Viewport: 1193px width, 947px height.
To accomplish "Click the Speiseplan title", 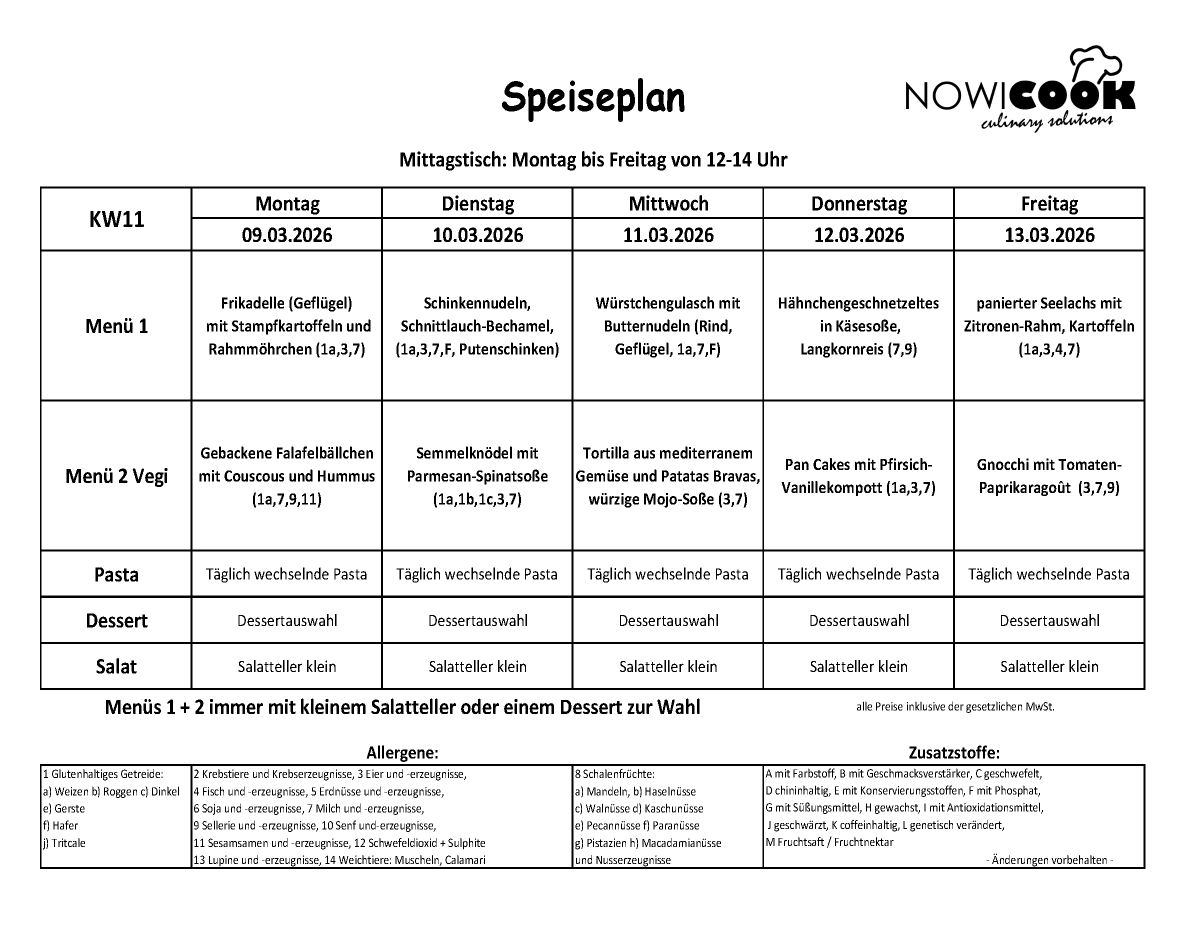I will click(x=592, y=98).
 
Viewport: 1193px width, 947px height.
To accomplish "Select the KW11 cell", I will click(x=116, y=219).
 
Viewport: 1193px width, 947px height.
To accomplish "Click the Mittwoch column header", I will click(x=668, y=203).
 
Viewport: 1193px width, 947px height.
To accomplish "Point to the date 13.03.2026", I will click(x=1049, y=235).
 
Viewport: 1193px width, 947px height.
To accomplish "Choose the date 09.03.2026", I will click(x=286, y=235).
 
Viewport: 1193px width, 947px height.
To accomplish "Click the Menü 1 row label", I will click(x=116, y=326).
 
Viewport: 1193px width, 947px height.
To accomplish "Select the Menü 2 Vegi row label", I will click(x=116, y=476).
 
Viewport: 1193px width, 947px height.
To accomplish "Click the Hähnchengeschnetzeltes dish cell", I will click(x=858, y=326).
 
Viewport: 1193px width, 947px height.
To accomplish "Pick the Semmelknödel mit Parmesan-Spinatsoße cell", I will click(x=477, y=476).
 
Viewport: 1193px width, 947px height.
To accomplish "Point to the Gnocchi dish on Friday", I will click(x=1049, y=476).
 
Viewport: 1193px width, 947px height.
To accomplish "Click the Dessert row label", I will click(x=116, y=620).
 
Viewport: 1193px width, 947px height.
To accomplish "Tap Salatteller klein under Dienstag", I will click(x=477, y=666).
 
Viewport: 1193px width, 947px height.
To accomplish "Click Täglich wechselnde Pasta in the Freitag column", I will click(x=1049, y=574).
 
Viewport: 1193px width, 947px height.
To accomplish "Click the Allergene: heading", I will click(x=402, y=752).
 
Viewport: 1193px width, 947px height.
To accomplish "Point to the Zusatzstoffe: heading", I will click(x=954, y=752).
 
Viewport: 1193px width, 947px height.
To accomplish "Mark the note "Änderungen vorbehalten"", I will click(x=1049, y=860).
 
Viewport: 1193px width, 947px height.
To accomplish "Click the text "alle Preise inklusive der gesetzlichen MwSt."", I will click(x=955, y=707).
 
